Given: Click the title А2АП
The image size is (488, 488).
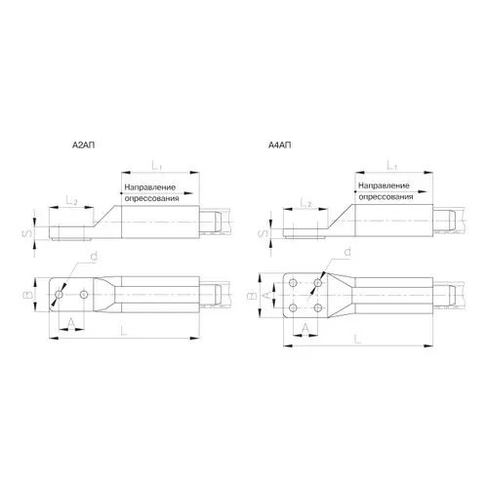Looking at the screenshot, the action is pyautogui.click(x=84, y=145).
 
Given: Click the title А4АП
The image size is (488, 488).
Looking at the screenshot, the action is pyautogui.click(x=280, y=145).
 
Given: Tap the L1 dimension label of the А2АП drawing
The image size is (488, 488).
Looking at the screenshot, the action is pyautogui.click(x=157, y=166).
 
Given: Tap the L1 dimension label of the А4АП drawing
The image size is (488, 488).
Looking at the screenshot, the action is pyautogui.click(x=392, y=166).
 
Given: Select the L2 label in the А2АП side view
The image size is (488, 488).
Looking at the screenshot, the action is pyautogui.click(x=71, y=201).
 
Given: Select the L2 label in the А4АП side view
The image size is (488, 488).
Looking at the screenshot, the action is pyautogui.click(x=305, y=203).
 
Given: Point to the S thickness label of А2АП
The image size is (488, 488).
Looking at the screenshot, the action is pyautogui.click(x=29, y=233).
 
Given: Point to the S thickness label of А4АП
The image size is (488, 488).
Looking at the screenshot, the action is pyautogui.click(x=265, y=233).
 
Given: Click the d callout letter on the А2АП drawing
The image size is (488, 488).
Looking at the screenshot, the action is pyautogui.click(x=94, y=257).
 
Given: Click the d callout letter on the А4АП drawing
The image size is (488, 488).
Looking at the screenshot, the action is pyautogui.click(x=347, y=252).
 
